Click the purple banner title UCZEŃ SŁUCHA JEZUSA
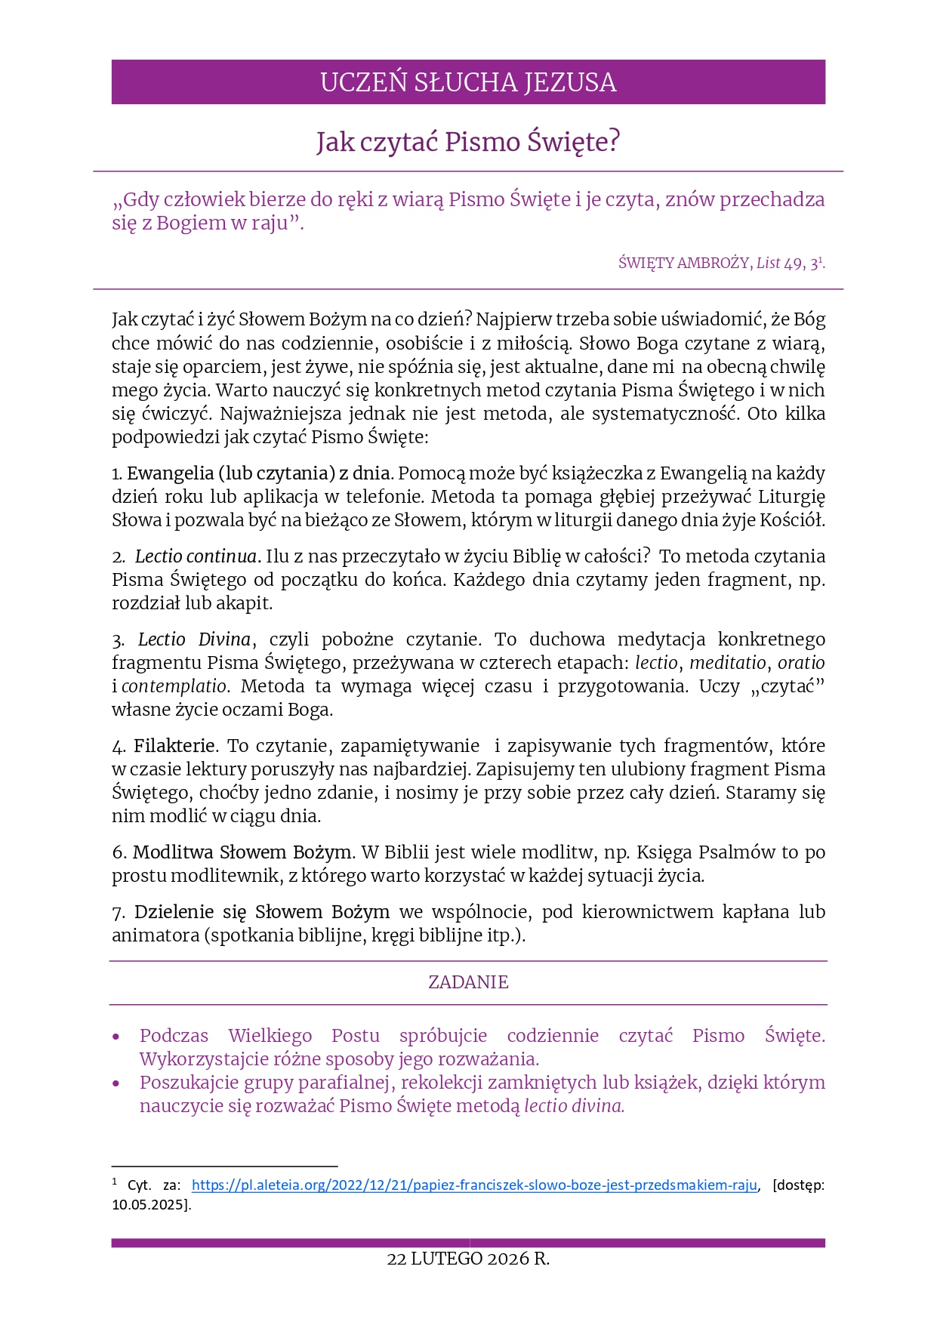(468, 82)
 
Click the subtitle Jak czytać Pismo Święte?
(468, 142)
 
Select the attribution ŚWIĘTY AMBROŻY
(684, 263)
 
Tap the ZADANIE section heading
(468, 982)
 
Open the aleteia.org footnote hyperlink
(474, 1185)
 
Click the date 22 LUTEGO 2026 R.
(468, 1259)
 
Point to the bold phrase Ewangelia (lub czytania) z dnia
(259, 473)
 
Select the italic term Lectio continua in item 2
(196, 556)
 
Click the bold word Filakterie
(174, 746)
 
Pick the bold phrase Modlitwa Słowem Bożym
(242, 852)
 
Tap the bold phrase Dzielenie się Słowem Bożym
(262, 912)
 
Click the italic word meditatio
(727, 663)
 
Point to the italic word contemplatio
(174, 686)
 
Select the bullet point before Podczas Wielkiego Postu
(116, 1037)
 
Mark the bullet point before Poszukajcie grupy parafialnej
(116, 1083)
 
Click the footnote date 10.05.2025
(148, 1205)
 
